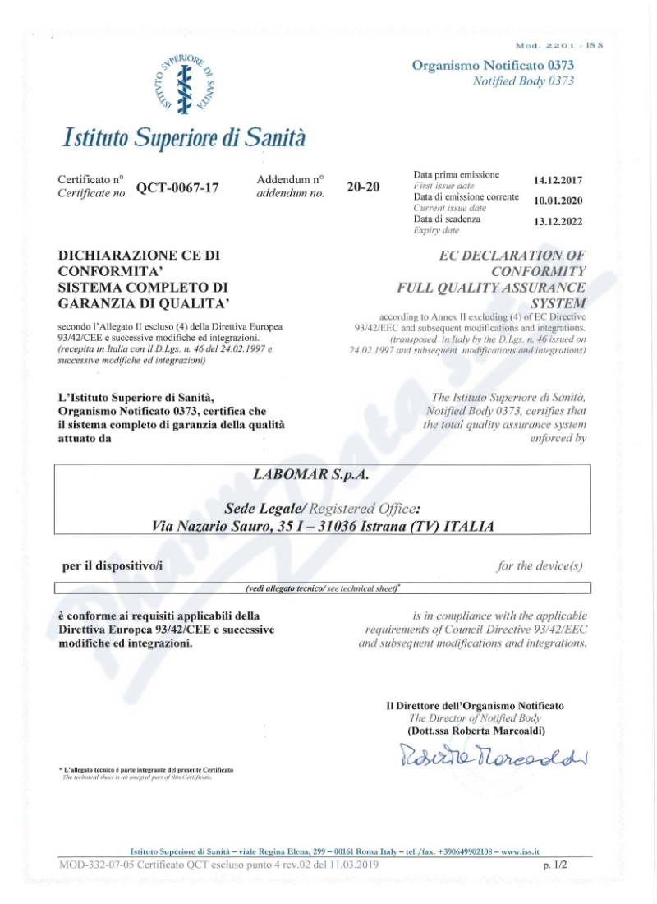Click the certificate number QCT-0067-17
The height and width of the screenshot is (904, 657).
177,187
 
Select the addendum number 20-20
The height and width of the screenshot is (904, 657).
363,187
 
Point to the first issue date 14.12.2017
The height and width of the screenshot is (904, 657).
558,180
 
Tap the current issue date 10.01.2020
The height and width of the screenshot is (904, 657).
558,201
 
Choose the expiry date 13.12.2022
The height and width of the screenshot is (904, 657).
558,223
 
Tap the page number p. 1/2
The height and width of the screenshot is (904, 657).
555,865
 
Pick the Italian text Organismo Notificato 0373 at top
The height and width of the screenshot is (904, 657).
493,65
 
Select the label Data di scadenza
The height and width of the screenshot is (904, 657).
448,219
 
